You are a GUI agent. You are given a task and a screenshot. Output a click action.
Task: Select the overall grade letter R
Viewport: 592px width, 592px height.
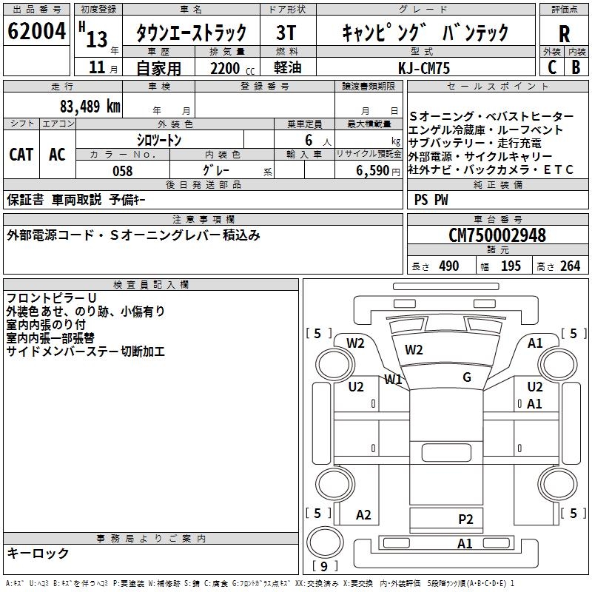point(564,34)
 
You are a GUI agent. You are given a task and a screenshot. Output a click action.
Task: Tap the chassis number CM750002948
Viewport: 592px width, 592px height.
point(497,235)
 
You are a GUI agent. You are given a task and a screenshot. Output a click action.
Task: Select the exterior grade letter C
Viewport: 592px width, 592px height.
point(551,67)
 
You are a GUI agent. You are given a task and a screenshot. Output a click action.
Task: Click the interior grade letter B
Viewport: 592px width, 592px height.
point(576,67)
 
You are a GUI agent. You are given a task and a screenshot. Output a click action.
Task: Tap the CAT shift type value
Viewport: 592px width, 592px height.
point(21,154)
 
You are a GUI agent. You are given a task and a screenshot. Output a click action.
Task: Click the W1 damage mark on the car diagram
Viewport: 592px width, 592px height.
point(392,380)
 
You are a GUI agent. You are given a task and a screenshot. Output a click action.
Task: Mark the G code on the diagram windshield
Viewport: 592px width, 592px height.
point(467,377)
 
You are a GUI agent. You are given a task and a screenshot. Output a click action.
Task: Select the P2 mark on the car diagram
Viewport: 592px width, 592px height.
point(465,519)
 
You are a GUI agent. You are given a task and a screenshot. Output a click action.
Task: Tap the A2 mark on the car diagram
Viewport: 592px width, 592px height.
point(363,515)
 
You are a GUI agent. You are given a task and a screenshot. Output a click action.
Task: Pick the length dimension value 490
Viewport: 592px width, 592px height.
point(448,266)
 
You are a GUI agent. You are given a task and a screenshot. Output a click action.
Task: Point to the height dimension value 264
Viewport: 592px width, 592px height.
point(570,266)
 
